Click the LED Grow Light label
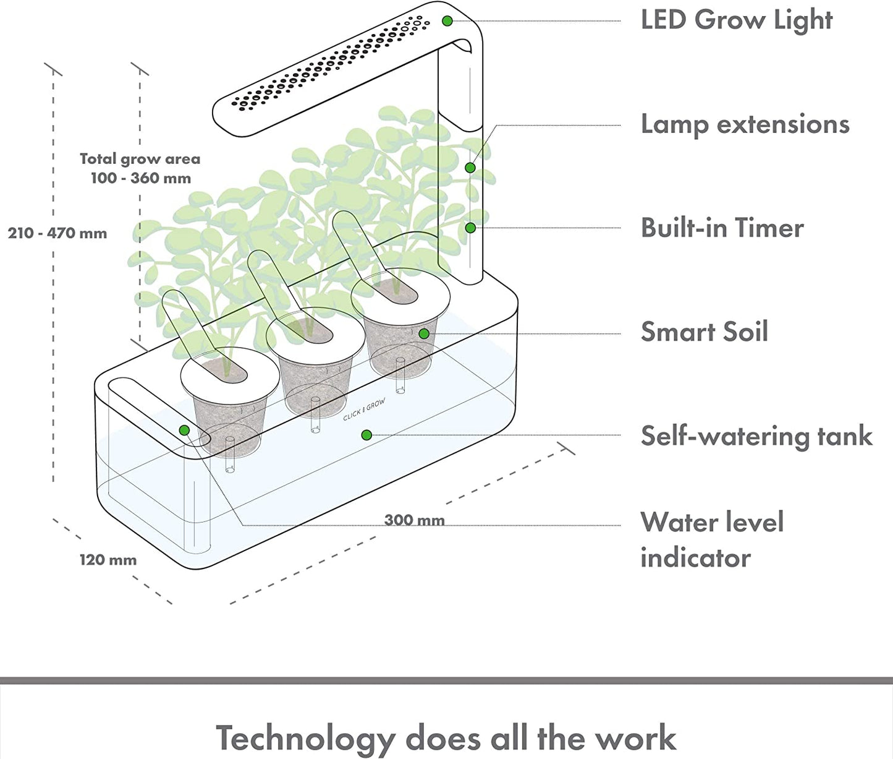tap(736, 20)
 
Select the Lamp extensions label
tap(745, 124)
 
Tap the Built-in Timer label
tap(722, 228)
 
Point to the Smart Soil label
tap(704, 332)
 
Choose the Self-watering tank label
tap(756, 436)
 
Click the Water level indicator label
tap(711, 539)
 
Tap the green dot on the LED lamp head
tap(447, 21)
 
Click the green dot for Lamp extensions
tap(470, 168)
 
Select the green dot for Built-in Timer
tap(470, 228)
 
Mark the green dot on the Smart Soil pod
tap(423, 334)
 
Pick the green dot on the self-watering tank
tap(366, 435)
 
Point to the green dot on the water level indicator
tap(184, 430)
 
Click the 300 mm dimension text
tap(414, 520)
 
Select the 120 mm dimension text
tap(108, 560)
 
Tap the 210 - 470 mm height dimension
tap(57, 234)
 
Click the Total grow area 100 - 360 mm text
tap(140, 169)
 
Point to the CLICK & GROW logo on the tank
tap(364, 410)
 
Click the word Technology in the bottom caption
tap(305, 738)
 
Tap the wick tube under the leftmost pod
tap(229, 455)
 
